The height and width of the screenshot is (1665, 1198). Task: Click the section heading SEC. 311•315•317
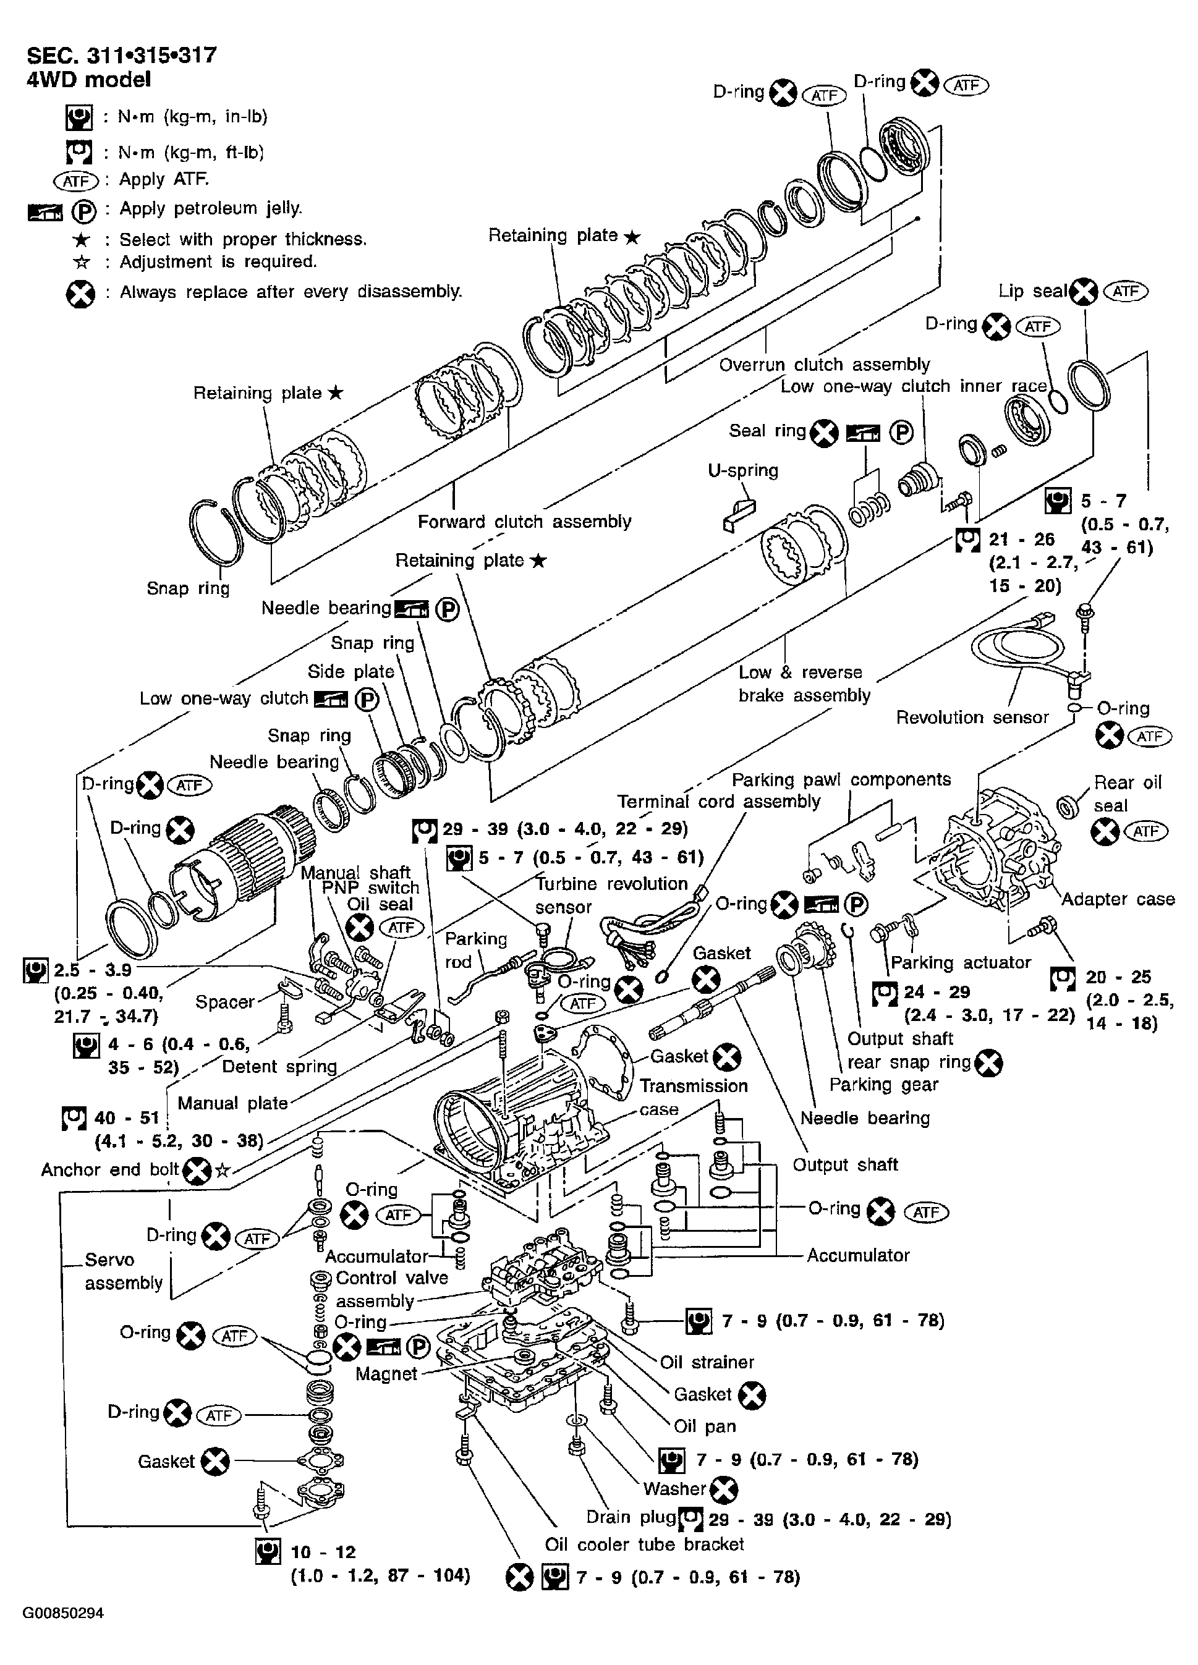click(x=122, y=56)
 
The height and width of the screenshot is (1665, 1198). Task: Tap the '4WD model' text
click(x=89, y=79)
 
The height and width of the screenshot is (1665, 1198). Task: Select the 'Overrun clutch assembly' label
click(x=825, y=364)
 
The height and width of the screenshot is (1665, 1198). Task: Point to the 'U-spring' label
click(x=743, y=470)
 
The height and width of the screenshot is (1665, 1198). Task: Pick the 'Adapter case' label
click(x=1118, y=899)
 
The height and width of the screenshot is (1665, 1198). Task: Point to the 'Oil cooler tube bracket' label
click(x=645, y=1544)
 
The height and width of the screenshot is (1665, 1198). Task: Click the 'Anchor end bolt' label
click(x=110, y=1169)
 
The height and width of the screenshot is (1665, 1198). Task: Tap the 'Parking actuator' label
click(x=961, y=962)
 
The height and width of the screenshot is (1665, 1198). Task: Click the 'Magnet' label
click(x=386, y=1373)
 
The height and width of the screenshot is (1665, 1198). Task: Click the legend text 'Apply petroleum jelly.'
click(x=211, y=208)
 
